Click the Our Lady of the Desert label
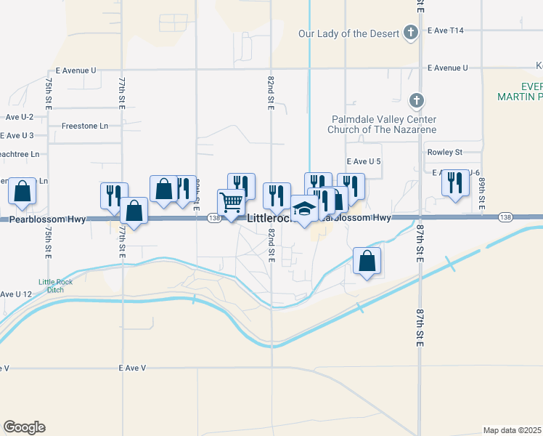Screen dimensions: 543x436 [348, 34]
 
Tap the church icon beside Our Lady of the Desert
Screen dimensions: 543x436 [411, 32]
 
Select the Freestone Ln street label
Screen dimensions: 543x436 [84, 126]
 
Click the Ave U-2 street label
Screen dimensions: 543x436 [20, 116]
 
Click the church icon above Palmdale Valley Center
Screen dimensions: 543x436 [417, 100]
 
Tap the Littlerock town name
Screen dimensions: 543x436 [269, 218]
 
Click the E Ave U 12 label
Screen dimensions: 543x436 [16, 294]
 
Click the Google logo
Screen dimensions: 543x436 [24, 427]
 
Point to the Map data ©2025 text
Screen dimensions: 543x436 [512, 429]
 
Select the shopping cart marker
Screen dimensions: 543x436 [232, 202]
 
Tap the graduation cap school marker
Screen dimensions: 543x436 [304, 209]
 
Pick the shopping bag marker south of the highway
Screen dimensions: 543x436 [368, 261]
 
